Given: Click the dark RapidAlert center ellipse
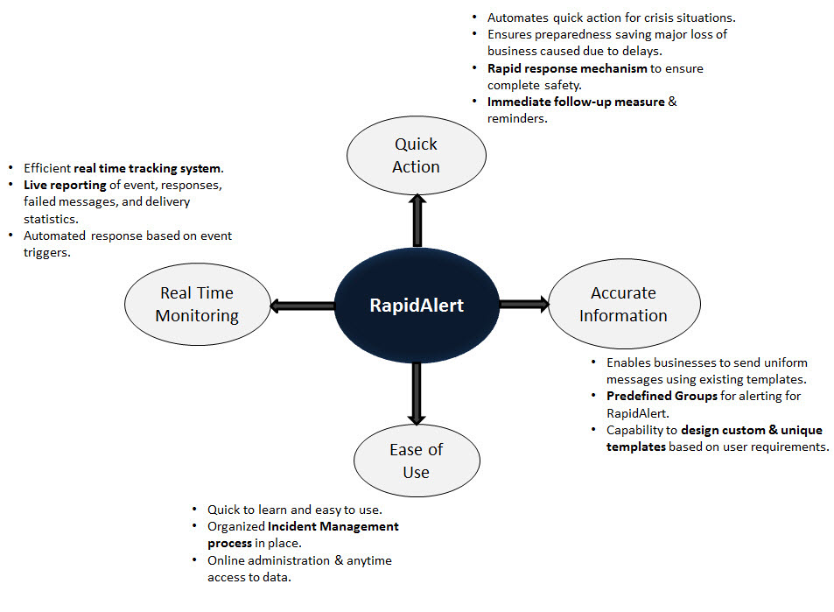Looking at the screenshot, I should pyautogui.click(x=417, y=306).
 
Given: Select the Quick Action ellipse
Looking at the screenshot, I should pyautogui.click(x=416, y=156).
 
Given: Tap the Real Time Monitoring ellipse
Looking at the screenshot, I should pyautogui.click(x=197, y=305).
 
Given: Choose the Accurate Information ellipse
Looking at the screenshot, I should pyautogui.click(x=623, y=305).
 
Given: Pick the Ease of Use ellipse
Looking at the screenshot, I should pyautogui.click(x=416, y=461).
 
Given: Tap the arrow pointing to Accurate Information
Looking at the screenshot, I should pyautogui.click(x=523, y=305).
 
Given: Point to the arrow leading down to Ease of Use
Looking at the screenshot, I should pyautogui.click(x=417, y=393).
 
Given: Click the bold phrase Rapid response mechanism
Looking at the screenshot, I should pyautogui.click(x=567, y=68).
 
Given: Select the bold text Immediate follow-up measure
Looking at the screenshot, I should pyautogui.click(x=576, y=102).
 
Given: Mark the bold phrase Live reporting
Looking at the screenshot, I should pyautogui.click(x=65, y=186).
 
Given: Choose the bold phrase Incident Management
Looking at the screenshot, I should pyautogui.click(x=333, y=526).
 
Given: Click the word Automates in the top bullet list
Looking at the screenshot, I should pyautogui.click(x=517, y=18).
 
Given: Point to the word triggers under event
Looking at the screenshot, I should pyautogui.click(x=46, y=252).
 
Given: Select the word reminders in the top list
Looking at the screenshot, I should pyautogui.click(x=517, y=118).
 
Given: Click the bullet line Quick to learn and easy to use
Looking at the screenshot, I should pyautogui.click(x=294, y=510).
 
